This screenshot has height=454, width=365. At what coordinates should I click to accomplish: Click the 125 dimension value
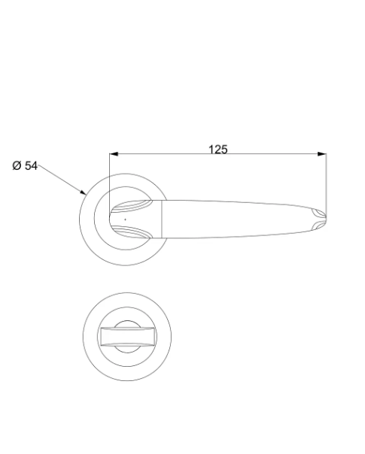click(218, 150)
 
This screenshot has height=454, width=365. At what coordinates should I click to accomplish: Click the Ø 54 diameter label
click(25, 166)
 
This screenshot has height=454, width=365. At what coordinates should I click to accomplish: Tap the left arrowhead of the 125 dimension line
click(114, 154)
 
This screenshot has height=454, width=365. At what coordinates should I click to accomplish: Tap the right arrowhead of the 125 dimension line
click(322, 154)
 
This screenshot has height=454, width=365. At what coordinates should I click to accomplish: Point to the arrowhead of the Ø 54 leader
click(84, 192)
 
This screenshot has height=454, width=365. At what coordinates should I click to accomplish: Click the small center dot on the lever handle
click(125, 219)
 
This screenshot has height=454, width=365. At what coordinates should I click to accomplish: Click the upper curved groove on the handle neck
click(132, 205)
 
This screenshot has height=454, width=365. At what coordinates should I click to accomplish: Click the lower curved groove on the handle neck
click(132, 232)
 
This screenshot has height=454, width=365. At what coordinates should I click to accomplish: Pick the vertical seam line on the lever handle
click(162, 219)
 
